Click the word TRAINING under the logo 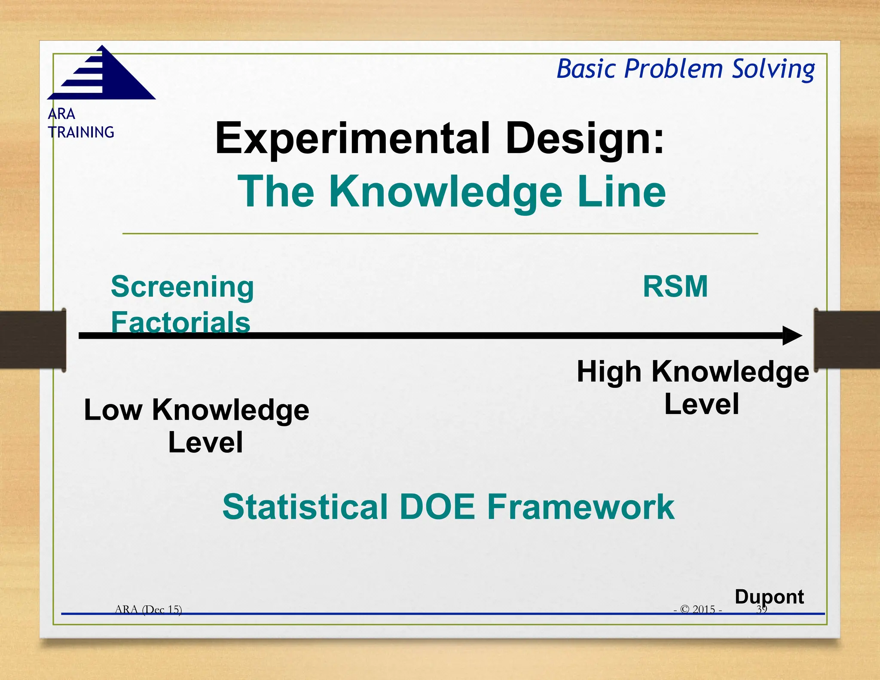click(81, 132)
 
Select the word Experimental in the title click(352, 138)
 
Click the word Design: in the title click(585, 138)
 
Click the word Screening click(182, 287)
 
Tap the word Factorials click(180, 322)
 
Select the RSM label click(675, 287)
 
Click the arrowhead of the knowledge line click(791, 336)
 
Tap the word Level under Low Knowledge click(205, 442)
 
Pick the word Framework click(581, 507)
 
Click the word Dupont click(769, 597)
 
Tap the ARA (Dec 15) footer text click(148, 609)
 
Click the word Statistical click(305, 507)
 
